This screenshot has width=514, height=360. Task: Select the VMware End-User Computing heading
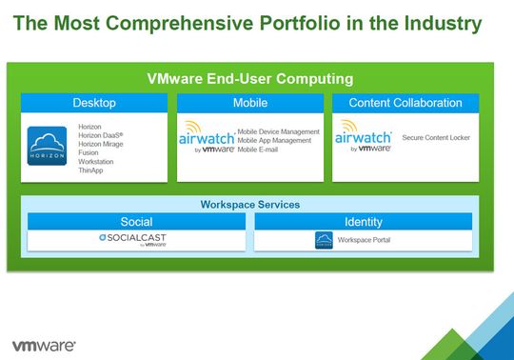[249, 78]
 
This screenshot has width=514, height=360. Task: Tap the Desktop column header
[94, 103]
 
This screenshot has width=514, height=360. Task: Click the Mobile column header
[249, 103]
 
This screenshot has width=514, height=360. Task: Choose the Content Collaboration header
[405, 103]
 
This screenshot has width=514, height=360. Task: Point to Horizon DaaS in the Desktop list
[99, 136]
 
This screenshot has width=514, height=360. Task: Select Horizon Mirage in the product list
[101, 145]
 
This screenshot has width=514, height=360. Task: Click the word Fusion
[89, 153]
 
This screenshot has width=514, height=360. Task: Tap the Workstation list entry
[96, 162]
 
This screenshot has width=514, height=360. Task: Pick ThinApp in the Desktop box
[91, 170]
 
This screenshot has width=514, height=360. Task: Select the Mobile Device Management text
[278, 131]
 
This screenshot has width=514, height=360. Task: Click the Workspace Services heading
[249, 205]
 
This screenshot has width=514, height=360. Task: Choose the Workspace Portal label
[364, 240]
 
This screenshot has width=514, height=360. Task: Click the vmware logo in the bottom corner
[44, 344]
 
